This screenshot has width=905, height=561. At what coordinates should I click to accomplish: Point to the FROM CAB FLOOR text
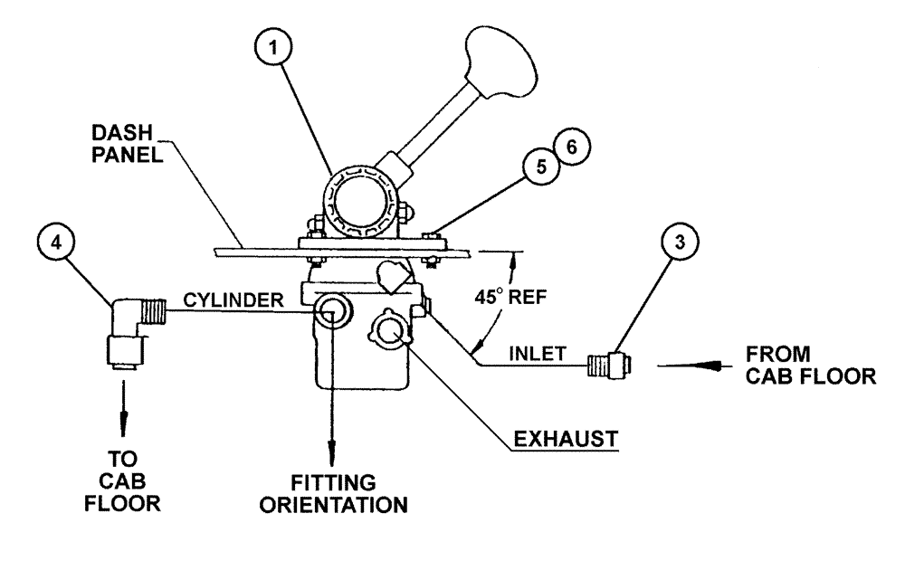point(808,365)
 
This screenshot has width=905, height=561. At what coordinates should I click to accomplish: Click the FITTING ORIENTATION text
point(334,493)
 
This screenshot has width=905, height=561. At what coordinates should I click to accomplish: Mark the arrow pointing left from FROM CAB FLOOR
point(688,366)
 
